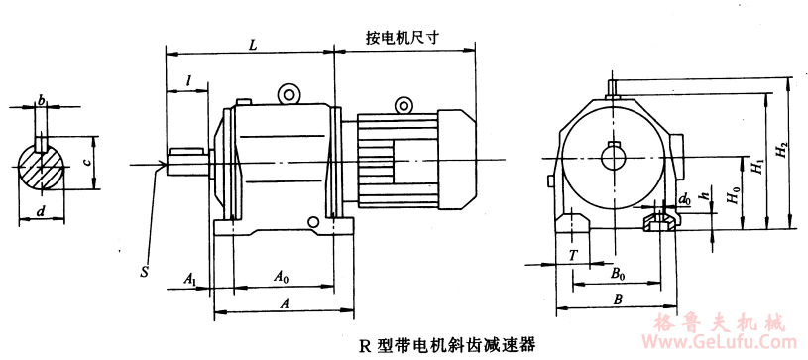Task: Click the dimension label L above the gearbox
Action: [x=253, y=45]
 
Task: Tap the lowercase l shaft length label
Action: [x=189, y=80]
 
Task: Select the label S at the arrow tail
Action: [x=146, y=272]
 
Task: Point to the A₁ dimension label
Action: [x=190, y=279]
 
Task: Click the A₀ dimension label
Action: [x=282, y=277]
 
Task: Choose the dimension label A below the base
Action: [x=284, y=303]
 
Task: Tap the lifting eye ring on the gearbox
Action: [x=289, y=94]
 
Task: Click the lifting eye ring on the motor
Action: [x=404, y=105]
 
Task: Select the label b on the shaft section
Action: [x=41, y=100]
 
